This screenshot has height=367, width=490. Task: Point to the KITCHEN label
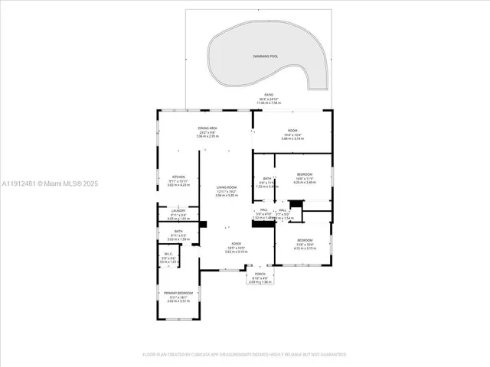[x=178, y=176]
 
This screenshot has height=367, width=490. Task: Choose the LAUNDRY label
[x=178, y=210]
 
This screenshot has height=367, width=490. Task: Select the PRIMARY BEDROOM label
[x=178, y=293]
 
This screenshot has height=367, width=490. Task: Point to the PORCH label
[x=261, y=274]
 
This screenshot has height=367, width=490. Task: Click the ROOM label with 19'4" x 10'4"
[x=292, y=131]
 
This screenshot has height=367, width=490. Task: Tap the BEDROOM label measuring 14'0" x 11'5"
[x=304, y=174]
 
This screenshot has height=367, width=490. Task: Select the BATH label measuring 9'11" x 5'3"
[x=178, y=232]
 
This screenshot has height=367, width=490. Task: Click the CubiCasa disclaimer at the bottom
[x=245, y=354]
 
